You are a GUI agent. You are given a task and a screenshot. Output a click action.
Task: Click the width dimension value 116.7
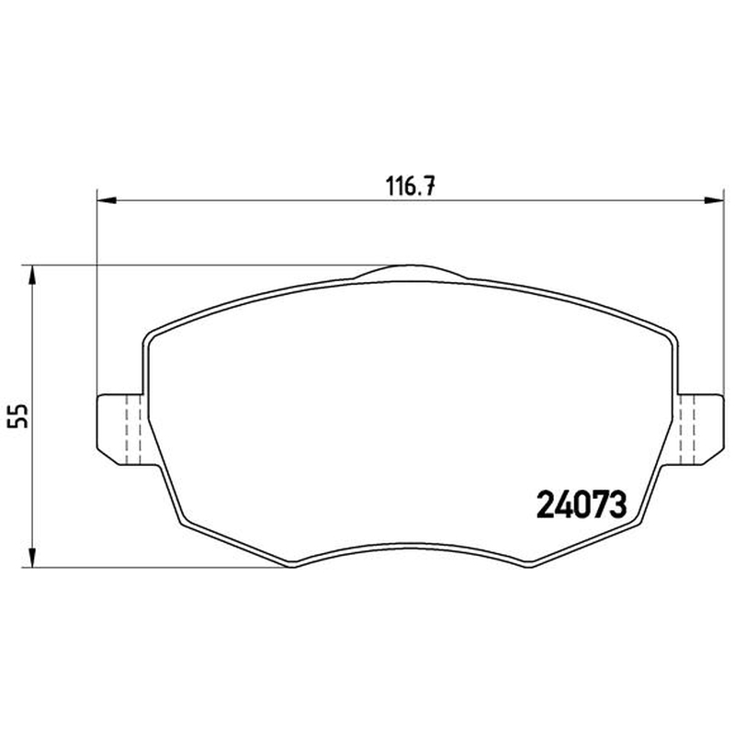point(411,187)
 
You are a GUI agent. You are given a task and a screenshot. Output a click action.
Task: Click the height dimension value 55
point(18,416)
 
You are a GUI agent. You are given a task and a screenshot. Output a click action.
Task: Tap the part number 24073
point(582,504)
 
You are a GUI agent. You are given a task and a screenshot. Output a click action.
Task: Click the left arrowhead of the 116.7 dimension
point(106,201)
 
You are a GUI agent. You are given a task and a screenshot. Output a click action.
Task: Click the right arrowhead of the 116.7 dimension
point(715,201)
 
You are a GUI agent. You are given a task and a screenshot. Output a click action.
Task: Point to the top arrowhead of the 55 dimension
point(32,275)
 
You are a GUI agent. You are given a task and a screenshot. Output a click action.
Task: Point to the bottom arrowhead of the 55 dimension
point(32,558)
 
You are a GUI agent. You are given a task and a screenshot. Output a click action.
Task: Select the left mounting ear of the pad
point(120,429)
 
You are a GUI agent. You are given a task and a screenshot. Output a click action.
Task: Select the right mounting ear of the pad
point(700,429)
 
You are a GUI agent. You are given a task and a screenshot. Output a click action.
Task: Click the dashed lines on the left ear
point(133,429)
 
